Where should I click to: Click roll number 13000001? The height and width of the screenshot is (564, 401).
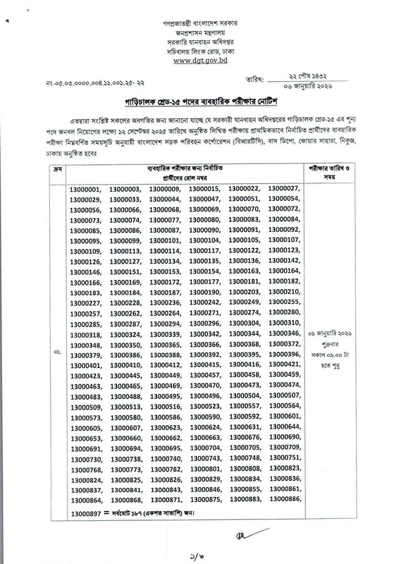[x=87, y=188]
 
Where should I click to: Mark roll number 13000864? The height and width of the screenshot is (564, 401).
[x=87, y=500]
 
